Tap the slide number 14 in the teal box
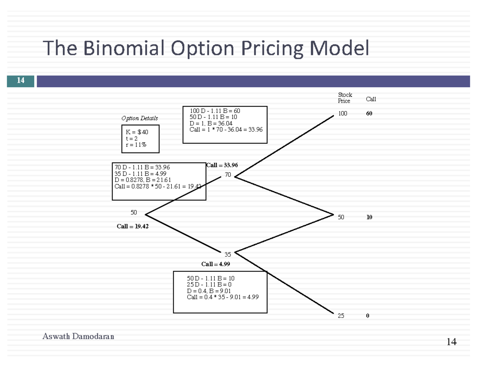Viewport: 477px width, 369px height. (20, 81)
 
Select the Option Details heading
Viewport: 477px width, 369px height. (140, 118)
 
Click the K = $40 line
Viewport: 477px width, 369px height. (137, 132)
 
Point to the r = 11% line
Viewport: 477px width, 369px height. (136, 145)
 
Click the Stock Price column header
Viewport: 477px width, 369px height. (345, 98)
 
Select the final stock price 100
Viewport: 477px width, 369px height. (342, 113)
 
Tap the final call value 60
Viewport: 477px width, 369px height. (369, 113)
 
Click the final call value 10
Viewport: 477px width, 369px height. (369, 217)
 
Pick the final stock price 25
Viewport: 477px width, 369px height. (341, 316)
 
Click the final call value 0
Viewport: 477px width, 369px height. (367, 316)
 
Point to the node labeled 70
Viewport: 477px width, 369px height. (228, 175)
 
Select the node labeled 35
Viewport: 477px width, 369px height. (228, 254)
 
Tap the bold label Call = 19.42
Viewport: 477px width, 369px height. (133, 226)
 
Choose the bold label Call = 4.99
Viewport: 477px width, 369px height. (215, 264)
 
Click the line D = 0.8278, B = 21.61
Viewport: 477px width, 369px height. (142, 180)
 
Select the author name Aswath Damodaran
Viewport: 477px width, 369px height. (78, 336)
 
